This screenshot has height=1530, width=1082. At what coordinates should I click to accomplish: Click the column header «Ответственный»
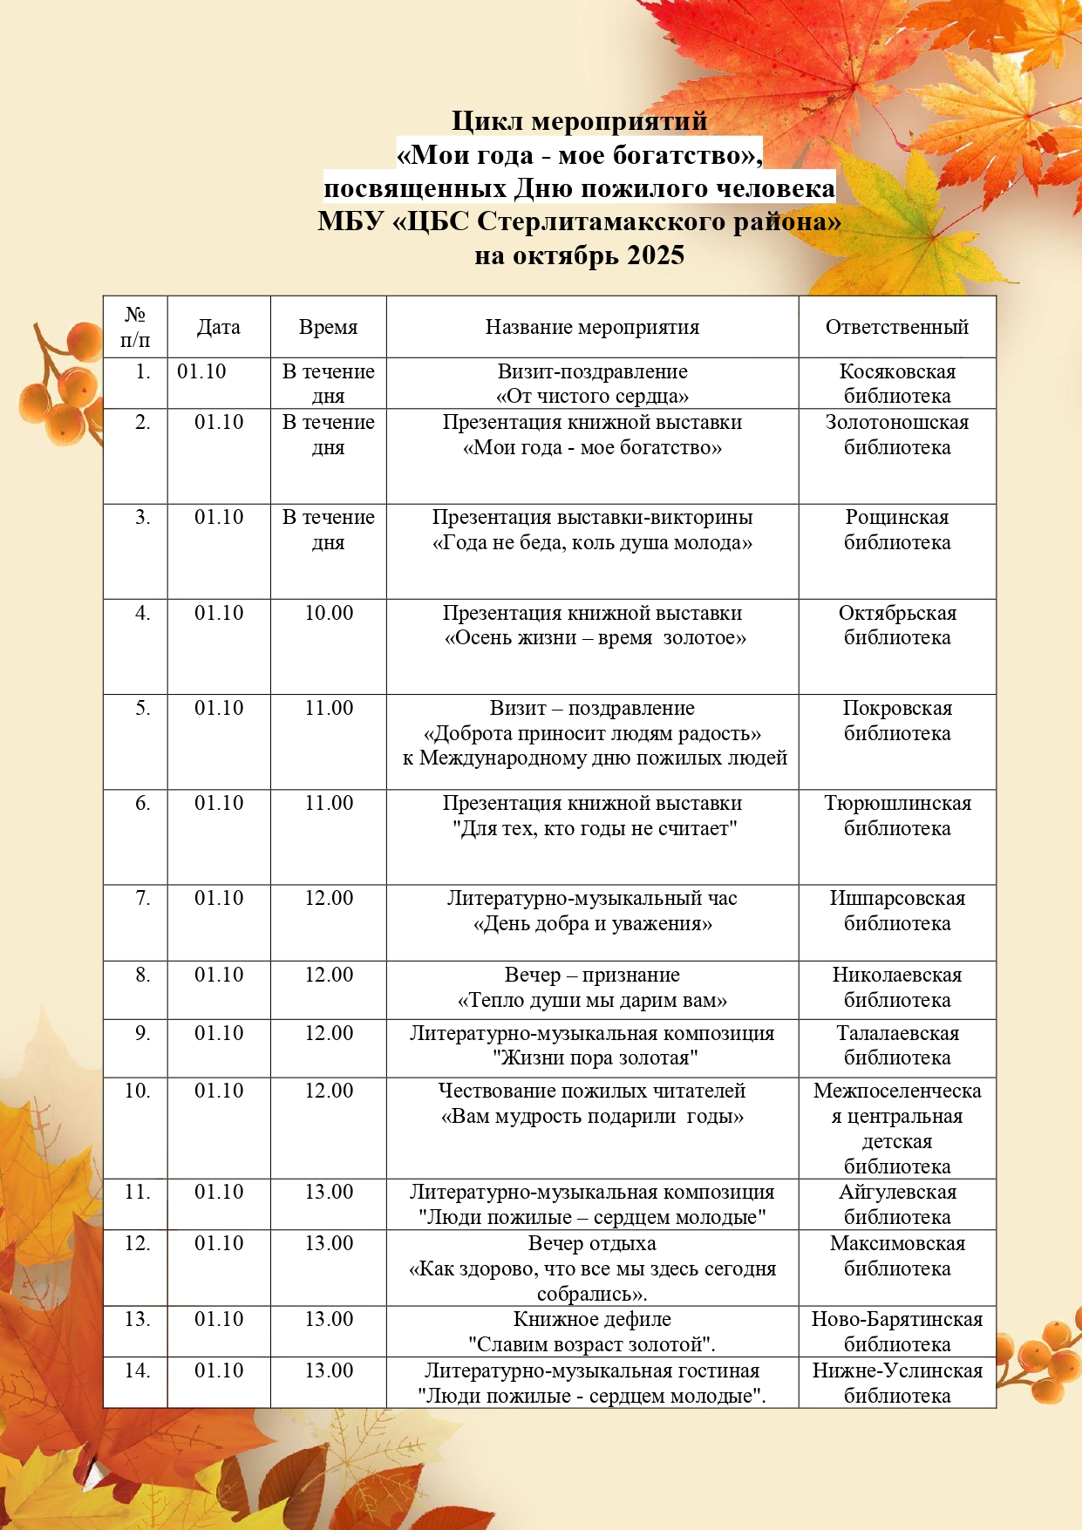coord(896,327)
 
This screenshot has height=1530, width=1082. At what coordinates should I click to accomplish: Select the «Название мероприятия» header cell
coord(592,327)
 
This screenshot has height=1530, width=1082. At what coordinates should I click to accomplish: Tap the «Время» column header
coord(328,327)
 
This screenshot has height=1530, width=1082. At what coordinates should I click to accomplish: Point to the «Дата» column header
coord(218,327)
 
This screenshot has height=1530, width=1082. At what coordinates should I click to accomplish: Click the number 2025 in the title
coord(656,255)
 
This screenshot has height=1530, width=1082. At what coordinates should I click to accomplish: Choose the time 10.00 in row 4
coord(329,613)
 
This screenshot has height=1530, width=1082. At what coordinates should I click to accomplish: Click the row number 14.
coord(137,1370)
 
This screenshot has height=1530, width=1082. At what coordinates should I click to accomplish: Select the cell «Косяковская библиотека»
coord(896,384)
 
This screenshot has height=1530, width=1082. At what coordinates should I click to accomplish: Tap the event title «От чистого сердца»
coord(592,397)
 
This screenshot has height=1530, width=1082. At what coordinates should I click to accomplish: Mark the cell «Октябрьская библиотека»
coord(896,625)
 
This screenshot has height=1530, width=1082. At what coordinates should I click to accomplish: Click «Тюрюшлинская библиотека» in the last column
coord(896,815)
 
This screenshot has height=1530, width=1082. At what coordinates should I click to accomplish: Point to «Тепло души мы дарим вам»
coord(592,1000)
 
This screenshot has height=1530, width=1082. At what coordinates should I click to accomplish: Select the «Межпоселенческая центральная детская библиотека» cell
coord(896,1128)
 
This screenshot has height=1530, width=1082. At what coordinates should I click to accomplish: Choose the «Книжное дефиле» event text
coord(592,1319)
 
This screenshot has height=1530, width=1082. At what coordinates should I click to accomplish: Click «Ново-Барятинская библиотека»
coord(896,1331)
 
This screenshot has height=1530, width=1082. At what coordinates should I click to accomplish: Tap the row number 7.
coord(142,898)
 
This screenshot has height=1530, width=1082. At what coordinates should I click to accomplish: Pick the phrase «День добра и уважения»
coord(592,923)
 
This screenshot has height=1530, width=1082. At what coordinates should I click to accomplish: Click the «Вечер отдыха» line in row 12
coord(592,1243)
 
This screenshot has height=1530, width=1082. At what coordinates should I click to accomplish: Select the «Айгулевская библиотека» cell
coord(896,1204)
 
